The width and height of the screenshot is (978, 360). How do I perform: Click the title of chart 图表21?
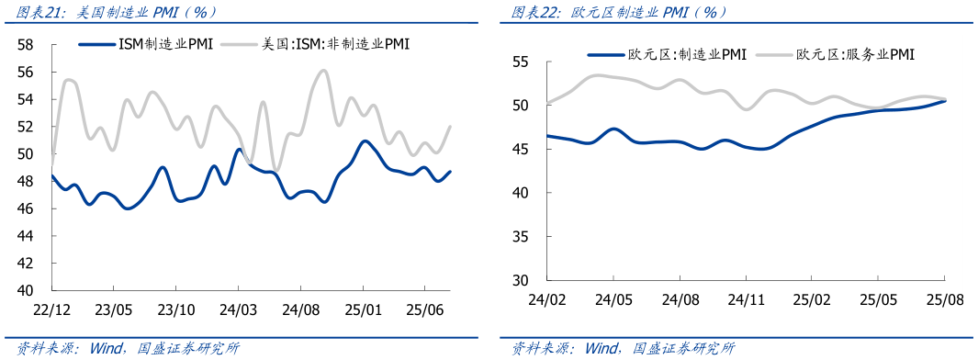[x=115, y=13]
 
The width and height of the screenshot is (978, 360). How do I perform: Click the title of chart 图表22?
[x=619, y=13]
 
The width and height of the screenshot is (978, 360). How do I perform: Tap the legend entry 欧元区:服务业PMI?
[x=855, y=55]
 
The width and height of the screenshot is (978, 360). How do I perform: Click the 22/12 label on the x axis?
[x=51, y=309]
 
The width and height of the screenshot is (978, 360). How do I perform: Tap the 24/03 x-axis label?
[x=238, y=309]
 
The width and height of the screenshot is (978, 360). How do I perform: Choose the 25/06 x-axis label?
[x=423, y=309]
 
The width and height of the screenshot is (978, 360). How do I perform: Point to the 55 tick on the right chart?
[x=521, y=62]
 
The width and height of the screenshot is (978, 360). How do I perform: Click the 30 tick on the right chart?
[x=521, y=280]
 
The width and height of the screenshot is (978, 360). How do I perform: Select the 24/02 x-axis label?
[x=546, y=299]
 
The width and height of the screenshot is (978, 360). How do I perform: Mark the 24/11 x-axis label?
[x=747, y=299]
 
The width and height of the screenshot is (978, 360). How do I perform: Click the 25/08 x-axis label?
[x=945, y=299]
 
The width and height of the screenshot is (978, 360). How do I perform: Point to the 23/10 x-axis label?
[x=175, y=309]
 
